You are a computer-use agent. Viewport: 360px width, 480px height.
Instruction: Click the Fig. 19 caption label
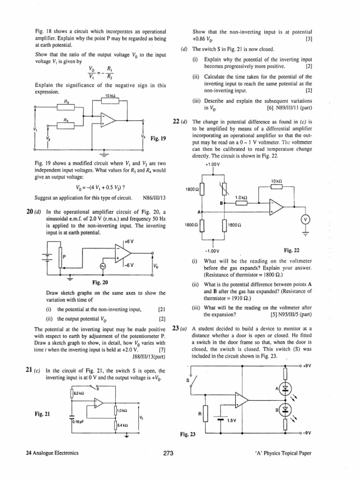click(158, 139)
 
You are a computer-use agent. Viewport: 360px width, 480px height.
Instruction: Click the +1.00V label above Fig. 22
click(212, 165)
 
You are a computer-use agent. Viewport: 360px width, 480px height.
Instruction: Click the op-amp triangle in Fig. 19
click(107, 120)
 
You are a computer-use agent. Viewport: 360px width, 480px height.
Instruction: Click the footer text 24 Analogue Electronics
click(52, 453)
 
